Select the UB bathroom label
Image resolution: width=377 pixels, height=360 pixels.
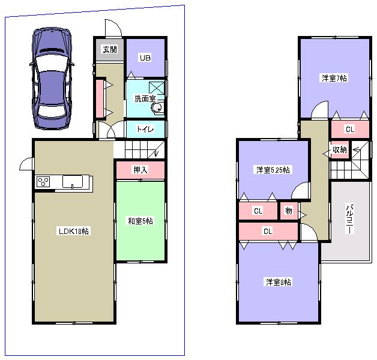144,58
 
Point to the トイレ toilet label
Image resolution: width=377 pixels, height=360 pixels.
145,129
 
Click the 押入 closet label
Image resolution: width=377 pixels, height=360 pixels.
140,170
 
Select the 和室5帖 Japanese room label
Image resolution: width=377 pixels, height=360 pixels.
140,221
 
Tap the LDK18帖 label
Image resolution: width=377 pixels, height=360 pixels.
73,231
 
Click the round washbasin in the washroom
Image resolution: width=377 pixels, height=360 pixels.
157,108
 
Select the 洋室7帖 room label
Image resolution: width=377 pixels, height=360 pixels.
334,78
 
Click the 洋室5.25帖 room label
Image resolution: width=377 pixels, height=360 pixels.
273,170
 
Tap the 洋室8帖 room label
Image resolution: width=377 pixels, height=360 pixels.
278,281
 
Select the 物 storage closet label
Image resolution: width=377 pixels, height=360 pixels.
289,211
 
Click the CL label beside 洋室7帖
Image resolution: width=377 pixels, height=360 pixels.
349,129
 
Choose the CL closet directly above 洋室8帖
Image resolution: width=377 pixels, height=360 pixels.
268,230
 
